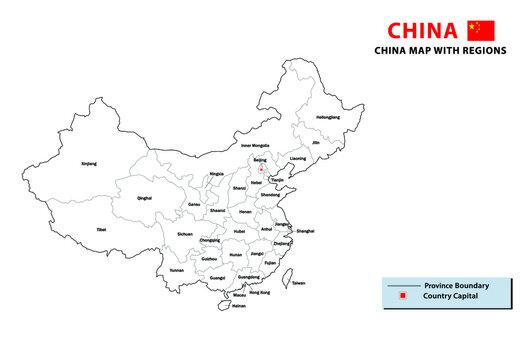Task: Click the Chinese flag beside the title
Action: click(x=481, y=30)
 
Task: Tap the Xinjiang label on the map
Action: click(x=89, y=163)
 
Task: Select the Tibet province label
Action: click(x=101, y=229)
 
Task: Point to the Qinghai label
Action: click(x=145, y=198)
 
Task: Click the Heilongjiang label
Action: click(x=327, y=117)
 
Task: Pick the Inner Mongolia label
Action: click(x=257, y=146)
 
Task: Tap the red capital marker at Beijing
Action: click(x=261, y=169)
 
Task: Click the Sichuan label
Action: click(x=185, y=233)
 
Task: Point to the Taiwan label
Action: click(x=298, y=284)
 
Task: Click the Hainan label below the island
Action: click(x=238, y=306)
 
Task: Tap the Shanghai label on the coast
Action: click(x=305, y=231)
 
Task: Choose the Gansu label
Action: click(x=194, y=204)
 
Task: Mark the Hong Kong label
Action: click(x=259, y=292)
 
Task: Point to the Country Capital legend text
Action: click(x=450, y=297)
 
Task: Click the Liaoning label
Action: click(x=297, y=159)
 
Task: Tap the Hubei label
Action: click(x=238, y=231)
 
